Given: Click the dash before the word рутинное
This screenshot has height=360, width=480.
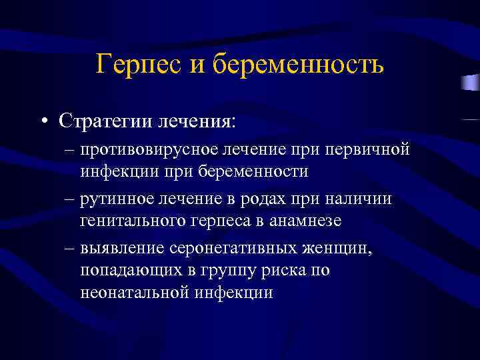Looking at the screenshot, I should point(70,199).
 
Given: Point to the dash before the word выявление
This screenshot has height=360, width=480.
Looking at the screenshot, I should point(70,248).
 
